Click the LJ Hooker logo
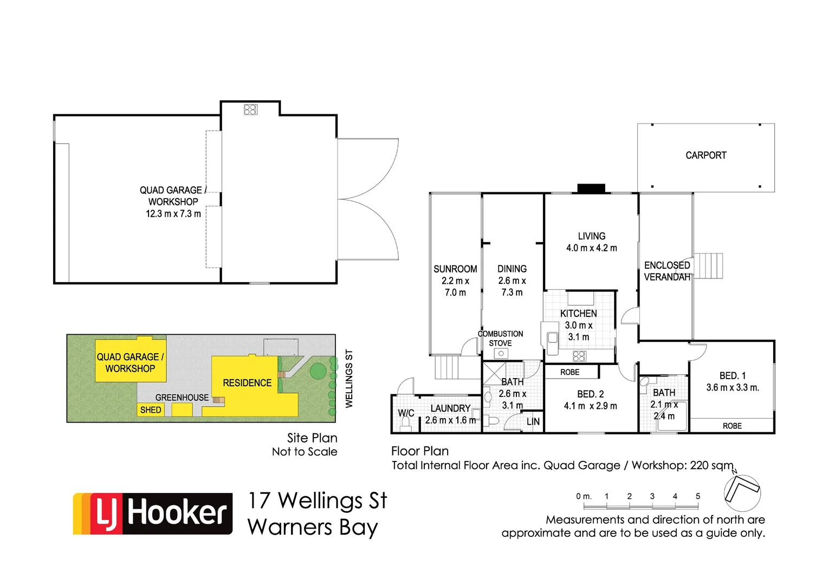(153, 513)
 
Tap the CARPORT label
(706, 155)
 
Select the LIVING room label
(591, 236)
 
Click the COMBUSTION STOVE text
(500, 339)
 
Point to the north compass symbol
(742, 492)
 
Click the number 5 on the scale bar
(697, 496)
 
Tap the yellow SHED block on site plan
(151, 410)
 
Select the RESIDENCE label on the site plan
(247, 383)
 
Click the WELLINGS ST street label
(349, 379)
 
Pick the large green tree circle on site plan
(318, 371)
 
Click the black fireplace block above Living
(591, 188)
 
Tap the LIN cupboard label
(533, 421)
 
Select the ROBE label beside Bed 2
(570, 372)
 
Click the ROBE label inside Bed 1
(732, 426)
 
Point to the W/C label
(406, 413)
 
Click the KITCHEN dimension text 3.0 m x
(578, 326)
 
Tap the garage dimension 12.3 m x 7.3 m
(173, 214)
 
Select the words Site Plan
(312, 438)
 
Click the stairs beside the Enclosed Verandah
(709, 265)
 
